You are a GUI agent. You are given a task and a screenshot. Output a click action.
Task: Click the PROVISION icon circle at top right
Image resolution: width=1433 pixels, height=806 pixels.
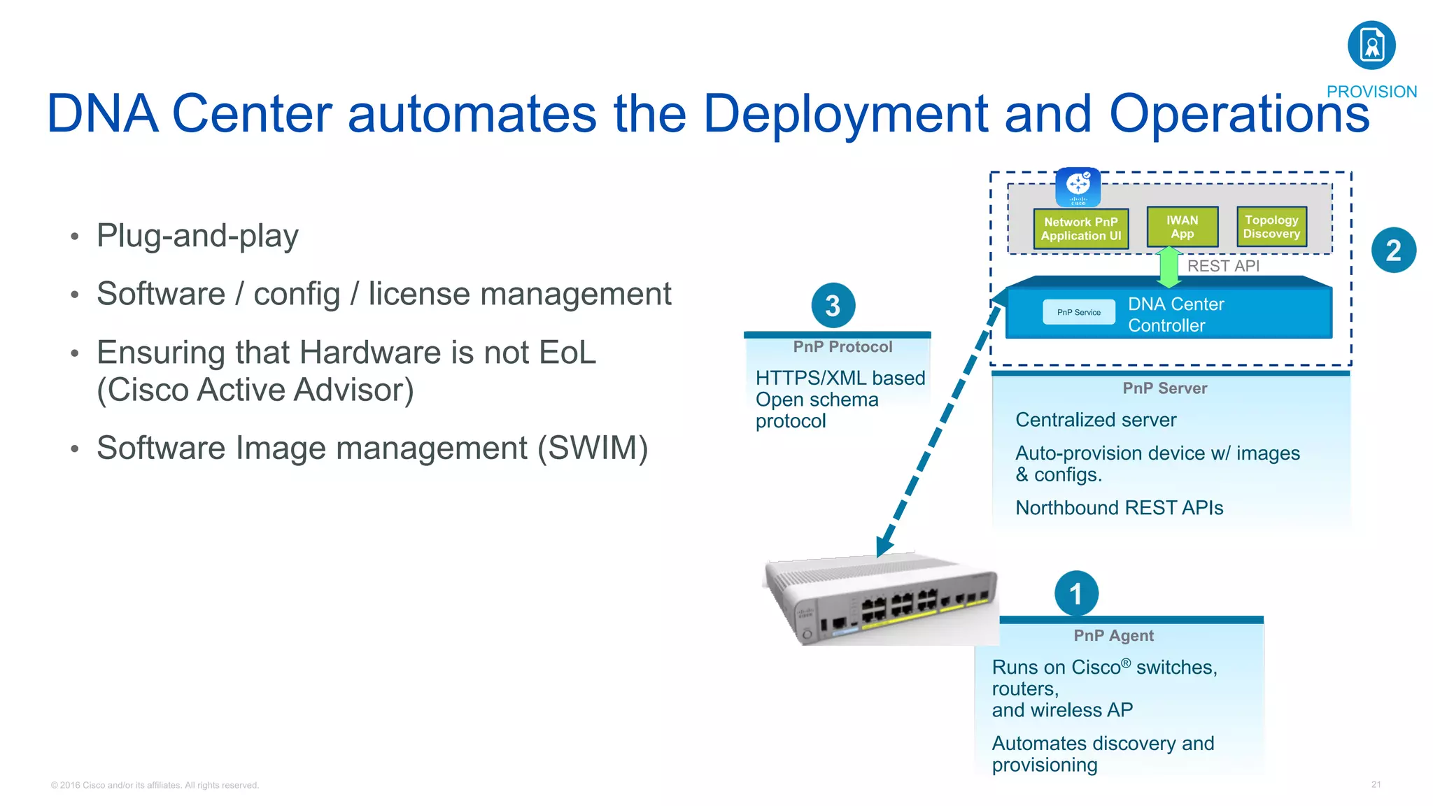1371,45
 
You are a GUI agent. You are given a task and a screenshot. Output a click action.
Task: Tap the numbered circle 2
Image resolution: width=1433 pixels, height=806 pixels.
1393,250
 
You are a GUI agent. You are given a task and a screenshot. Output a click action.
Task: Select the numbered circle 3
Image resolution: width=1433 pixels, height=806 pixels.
833,306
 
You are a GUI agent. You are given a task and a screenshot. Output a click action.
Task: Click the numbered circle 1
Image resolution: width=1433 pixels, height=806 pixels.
1076,594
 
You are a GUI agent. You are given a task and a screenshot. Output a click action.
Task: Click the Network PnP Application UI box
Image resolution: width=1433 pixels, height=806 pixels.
1080,229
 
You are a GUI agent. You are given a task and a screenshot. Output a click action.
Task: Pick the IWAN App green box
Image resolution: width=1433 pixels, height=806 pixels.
1182,227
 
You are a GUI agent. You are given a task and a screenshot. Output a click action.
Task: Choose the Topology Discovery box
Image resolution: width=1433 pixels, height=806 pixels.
1271,227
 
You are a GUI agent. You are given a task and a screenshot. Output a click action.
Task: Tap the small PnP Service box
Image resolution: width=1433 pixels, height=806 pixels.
1078,312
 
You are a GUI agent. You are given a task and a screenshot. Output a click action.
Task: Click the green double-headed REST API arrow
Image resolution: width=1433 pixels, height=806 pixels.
1169,267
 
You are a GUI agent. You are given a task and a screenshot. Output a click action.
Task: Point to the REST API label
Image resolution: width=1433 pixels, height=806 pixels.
1223,266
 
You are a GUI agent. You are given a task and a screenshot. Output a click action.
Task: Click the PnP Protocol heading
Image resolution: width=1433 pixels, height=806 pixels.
842,347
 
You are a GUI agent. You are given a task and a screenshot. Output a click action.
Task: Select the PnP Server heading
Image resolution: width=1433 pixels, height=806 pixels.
1164,388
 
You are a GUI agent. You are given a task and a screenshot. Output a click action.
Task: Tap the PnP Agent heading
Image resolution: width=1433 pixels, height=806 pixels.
1113,635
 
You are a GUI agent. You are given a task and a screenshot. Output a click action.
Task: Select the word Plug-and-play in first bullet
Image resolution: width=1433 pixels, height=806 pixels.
197,236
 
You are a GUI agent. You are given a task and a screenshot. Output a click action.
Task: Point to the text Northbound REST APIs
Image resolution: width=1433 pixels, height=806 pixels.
1119,508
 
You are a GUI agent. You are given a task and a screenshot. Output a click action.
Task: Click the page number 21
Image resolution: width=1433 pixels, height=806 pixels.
1376,784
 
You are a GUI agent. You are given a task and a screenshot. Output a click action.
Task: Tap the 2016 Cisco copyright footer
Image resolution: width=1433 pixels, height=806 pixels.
155,785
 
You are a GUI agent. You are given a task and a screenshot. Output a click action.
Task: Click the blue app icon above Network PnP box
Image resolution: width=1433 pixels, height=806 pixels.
1078,187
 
